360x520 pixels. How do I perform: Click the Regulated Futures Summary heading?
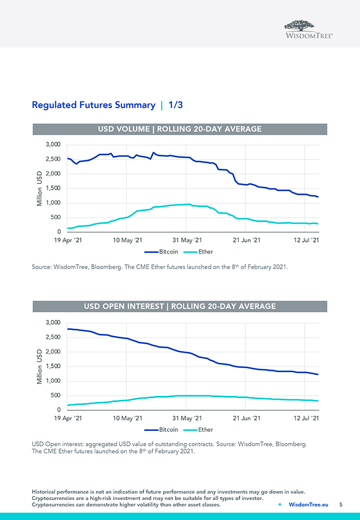click(x=94, y=105)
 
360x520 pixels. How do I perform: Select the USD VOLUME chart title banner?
click(x=179, y=129)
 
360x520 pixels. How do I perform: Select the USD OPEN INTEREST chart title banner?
click(x=179, y=306)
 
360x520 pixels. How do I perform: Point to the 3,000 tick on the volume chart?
click(x=53, y=145)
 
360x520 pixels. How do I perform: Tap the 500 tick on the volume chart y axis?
click(x=56, y=217)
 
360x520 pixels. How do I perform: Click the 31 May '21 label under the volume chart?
click(x=187, y=240)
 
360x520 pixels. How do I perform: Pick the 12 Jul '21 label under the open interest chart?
click(x=306, y=419)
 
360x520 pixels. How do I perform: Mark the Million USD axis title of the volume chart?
click(x=39, y=188)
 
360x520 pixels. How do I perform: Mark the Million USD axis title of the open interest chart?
click(x=39, y=366)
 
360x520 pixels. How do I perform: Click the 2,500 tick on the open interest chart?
click(x=53, y=337)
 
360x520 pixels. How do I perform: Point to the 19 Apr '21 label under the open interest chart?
click(x=68, y=419)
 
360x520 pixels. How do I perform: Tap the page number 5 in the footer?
click(x=341, y=504)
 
